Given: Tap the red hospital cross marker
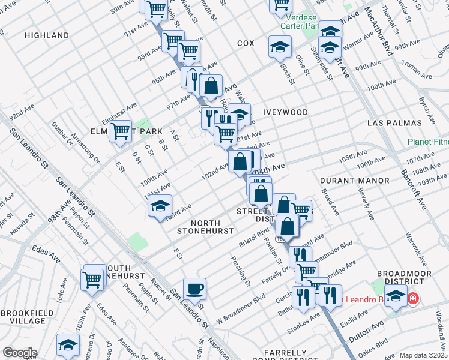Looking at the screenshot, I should (413, 298).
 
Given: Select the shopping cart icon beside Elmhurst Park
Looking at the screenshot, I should (121, 130).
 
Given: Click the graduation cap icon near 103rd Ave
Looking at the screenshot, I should (160, 206).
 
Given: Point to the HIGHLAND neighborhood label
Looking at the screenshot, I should (47, 35).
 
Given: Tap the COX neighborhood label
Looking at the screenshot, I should (246, 43).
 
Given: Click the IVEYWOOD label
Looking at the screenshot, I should (286, 112).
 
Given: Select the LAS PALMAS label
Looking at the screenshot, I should (394, 122).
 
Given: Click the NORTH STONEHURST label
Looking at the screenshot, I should (200, 227).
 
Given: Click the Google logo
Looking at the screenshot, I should (20, 353).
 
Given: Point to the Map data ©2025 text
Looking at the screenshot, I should (423, 355).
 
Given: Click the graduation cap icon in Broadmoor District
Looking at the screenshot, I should (396, 296).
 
